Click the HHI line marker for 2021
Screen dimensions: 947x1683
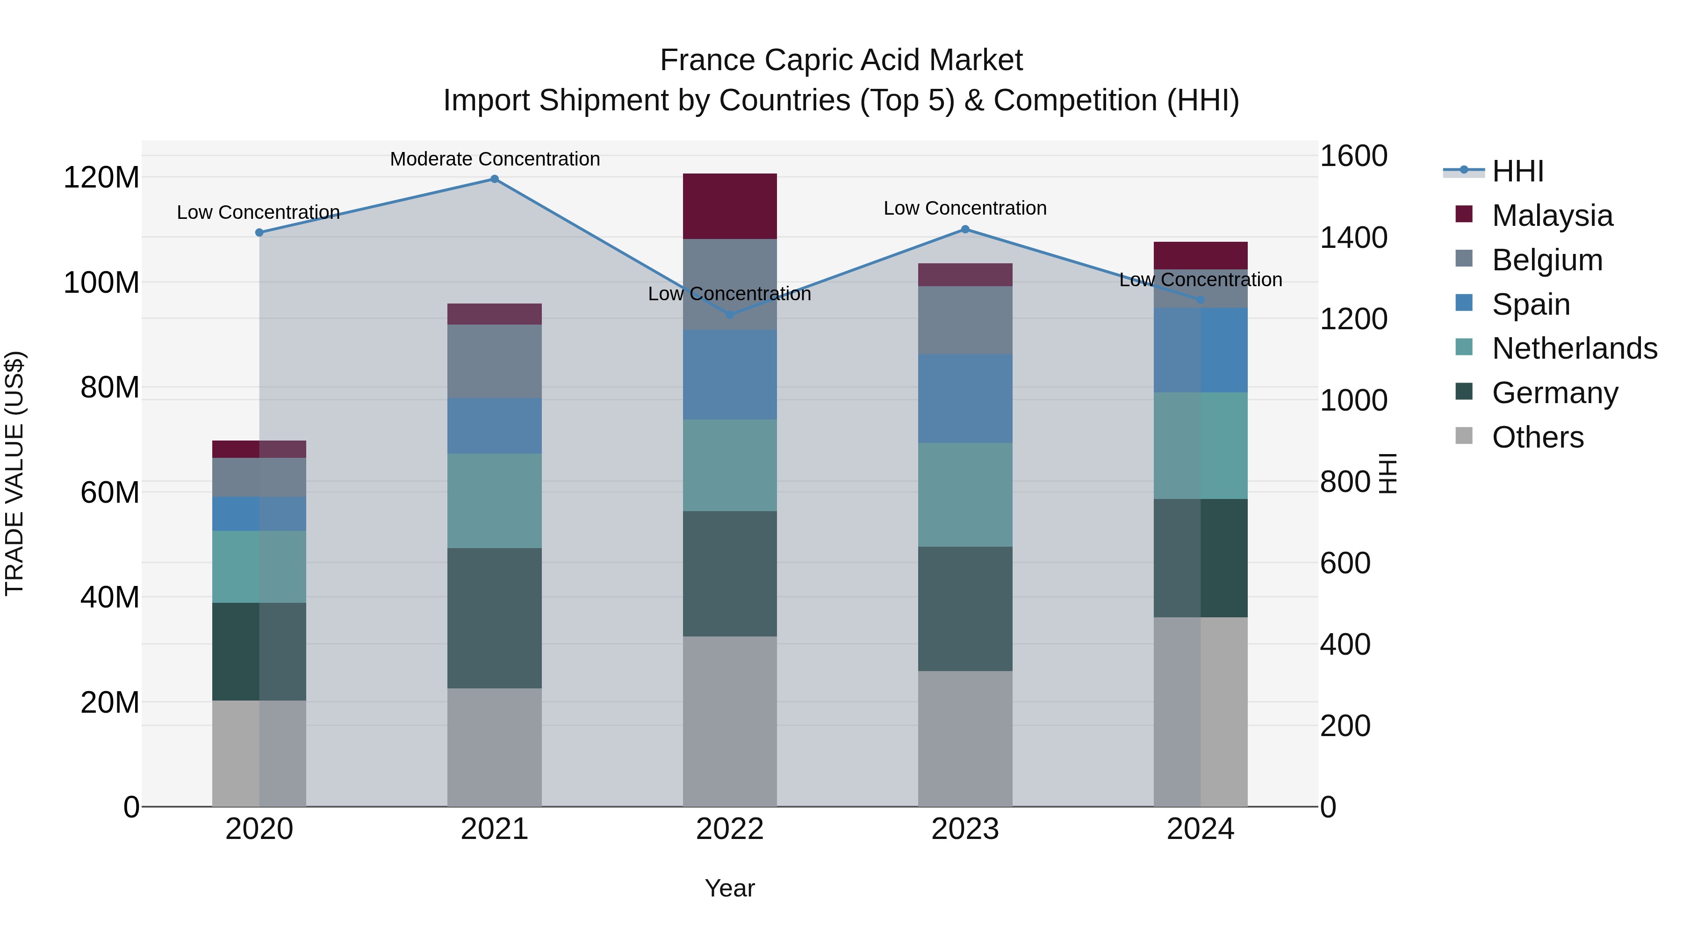494,179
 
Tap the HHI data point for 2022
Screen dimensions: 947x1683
730,314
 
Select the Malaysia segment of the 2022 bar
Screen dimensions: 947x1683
730,206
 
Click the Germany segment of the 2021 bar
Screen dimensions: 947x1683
494,618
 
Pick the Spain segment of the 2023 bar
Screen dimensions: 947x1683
965,398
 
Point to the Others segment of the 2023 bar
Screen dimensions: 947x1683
965,738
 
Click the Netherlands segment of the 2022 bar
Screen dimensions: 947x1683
730,465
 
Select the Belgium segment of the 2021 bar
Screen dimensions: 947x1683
494,361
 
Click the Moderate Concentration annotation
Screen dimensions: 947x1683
495,159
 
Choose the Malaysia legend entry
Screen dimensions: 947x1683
1552,216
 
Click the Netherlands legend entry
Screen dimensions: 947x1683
1575,348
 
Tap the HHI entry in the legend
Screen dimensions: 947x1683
1518,171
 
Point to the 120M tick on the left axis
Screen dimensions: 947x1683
101,178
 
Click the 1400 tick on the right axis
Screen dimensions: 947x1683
1354,238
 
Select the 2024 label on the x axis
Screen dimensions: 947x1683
1200,829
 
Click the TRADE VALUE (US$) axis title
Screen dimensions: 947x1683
15,473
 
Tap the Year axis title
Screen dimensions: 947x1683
730,888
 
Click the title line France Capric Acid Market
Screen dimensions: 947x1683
841,60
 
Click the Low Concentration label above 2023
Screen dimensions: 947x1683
965,209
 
